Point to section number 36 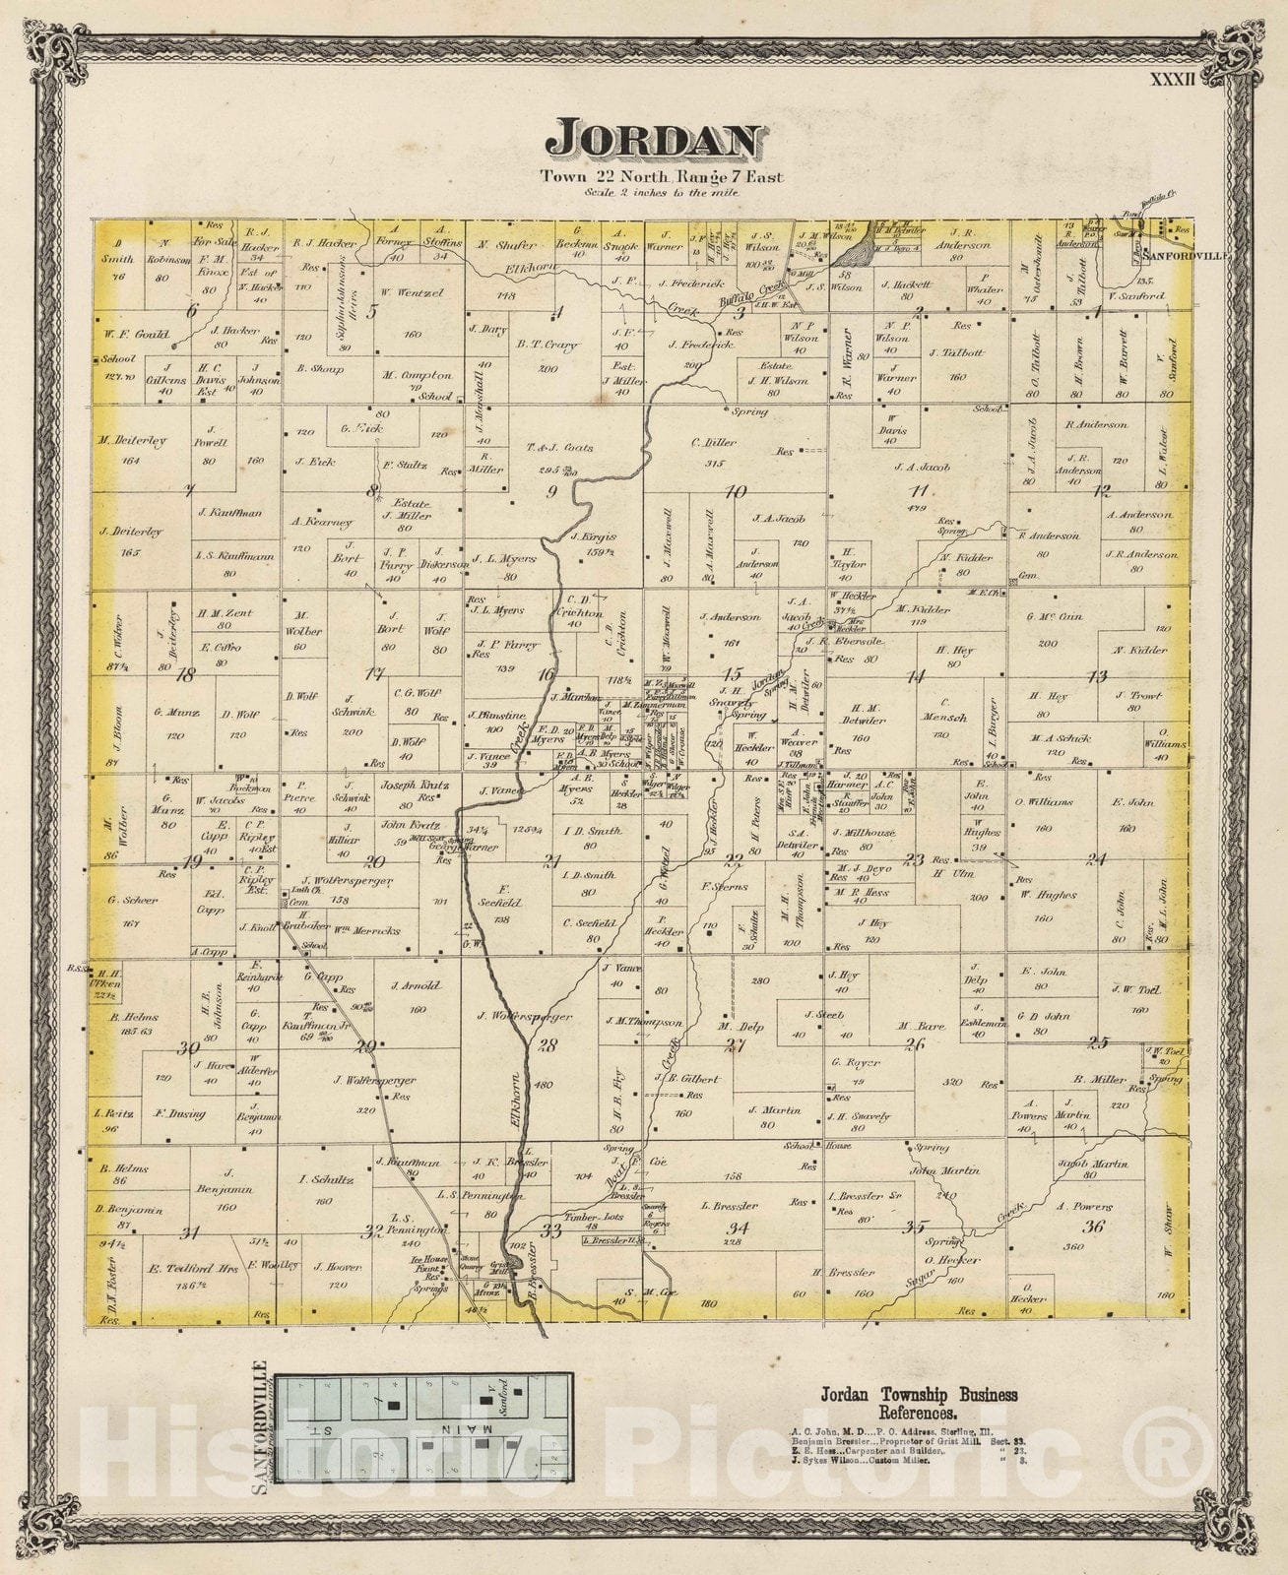(1093, 1227)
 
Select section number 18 (183, 675)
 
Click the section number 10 (736, 492)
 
